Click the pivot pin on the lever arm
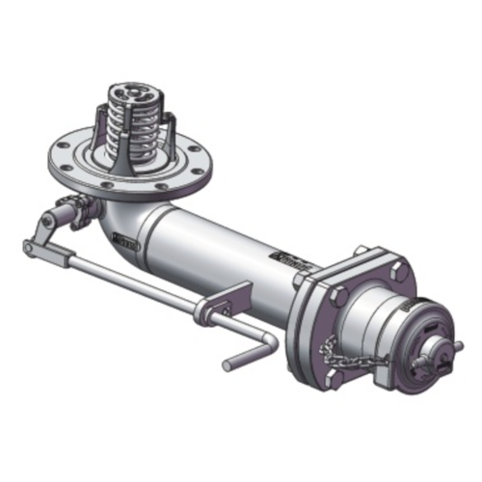[x=45, y=223]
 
